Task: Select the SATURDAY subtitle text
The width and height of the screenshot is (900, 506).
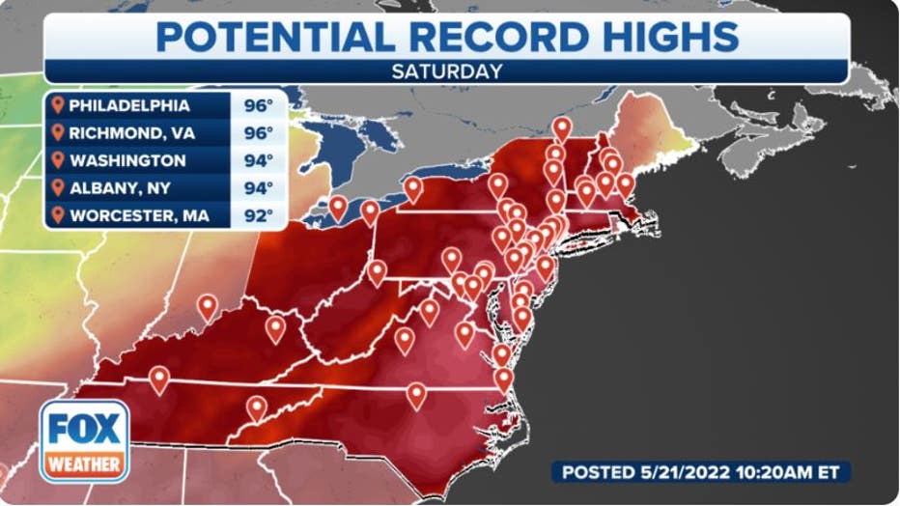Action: pyautogui.click(x=446, y=70)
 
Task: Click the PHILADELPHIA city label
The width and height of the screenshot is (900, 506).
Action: pyautogui.click(x=128, y=105)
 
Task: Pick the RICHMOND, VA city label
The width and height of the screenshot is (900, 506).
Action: pyautogui.click(x=130, y=132)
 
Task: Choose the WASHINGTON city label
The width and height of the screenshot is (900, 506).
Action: pyautogui.click(x=127, y=160)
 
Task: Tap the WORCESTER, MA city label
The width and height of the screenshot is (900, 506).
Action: pyautogui.click(x=138, y=214)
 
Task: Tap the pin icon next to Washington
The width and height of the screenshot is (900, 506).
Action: pyautogui.click(x=58, y=159)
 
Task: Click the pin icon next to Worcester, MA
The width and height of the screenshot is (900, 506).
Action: pyautogui.click(x=58, y=213)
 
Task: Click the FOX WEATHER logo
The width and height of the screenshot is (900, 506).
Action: pyautogui.click(x=84, y=440)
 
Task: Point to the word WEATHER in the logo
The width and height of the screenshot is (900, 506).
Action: pyautogui.click(x=84, y=464)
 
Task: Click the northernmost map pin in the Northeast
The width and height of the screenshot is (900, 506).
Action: pyautogui.click(x=561, y=126)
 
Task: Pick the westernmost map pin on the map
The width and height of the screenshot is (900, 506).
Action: pyautogui.click(x=158, y=378)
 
